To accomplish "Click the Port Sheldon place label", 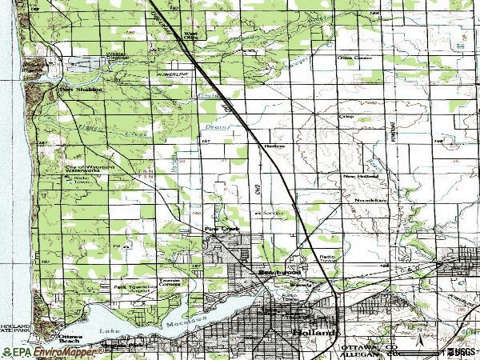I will click(76, 90).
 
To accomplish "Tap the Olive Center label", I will click(357, 58).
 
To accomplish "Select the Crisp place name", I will click(346, 116).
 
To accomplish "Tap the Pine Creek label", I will click(222, 229).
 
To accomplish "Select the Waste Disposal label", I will click(94, 57).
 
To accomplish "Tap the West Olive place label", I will click(190, 34).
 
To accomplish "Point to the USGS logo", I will click(459, 351).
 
